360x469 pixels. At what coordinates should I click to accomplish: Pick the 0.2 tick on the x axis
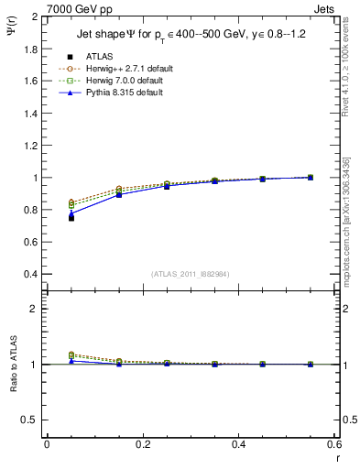coord(143,444)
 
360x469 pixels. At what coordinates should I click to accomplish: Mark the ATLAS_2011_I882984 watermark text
coord(190,274)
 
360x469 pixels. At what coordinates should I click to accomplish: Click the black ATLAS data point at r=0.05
coord(71,218)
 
